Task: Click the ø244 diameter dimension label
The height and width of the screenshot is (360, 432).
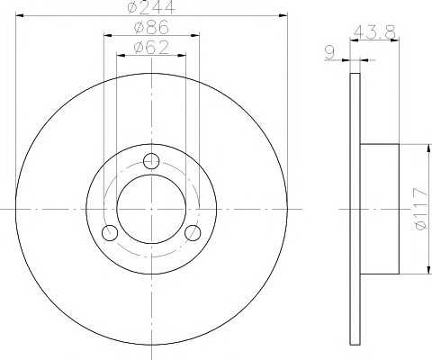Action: click(x=151, y=7)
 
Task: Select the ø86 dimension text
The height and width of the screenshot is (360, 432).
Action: click(x=151, y=27)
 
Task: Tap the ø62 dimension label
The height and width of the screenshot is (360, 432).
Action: click(x=151, y=47)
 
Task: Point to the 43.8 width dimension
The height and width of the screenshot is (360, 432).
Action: click(x=375, y=32)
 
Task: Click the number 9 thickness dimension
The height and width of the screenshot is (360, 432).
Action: click(x=329, y=52)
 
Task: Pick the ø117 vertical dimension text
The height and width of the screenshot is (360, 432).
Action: click(x=420, y=209)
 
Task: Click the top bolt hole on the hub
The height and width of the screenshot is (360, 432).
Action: click(x=151, y=161)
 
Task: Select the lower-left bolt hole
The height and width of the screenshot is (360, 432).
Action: click(x=110, y=233)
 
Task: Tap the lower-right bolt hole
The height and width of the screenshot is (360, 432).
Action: click(x=193, y=233)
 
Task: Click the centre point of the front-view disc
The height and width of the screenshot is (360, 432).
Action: click(x=151, y=209)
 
